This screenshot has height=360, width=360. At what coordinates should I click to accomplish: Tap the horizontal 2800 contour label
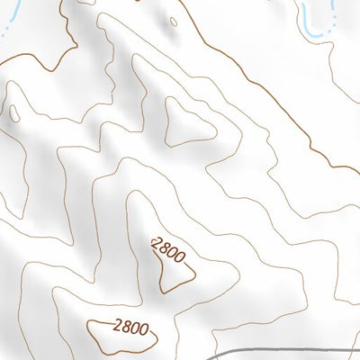tap(130, 328)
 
